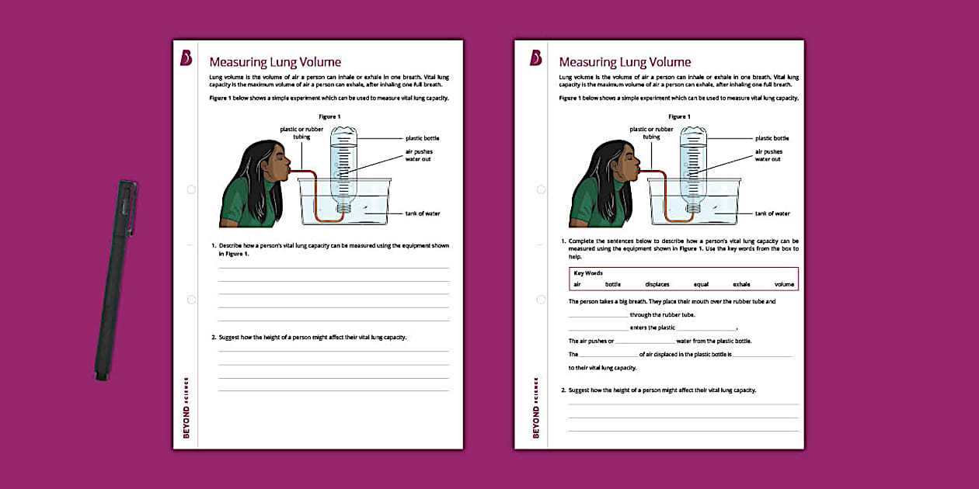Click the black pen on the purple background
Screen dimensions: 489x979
(x=115, y=279)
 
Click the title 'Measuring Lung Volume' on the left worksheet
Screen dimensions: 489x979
(x=275, y=62)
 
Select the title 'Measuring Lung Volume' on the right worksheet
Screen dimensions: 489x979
(x=625, y=62)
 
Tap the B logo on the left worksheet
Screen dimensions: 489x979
(x=186, y=58)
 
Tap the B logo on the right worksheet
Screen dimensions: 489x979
(x=535, y=58)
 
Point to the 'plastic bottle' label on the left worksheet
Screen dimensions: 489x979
(x=423, y=138)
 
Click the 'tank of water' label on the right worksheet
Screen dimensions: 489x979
(x=772, y=213)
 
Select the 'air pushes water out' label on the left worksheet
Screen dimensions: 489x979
(x=419, y=155)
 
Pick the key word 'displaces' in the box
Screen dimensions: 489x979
(x=657, y=284)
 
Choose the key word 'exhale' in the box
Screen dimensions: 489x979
(x=741, y=284)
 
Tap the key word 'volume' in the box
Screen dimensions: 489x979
(x=784, y=284)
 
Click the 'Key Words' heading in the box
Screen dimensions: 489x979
(x=588, y=273)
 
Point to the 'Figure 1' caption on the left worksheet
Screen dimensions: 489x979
(x=329, y=116)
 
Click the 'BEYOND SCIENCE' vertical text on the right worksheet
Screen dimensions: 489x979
(x=536, y=407)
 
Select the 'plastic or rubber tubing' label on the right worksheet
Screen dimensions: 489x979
(x=651, y=133)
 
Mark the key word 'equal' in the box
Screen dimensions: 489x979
(x=701, y=284)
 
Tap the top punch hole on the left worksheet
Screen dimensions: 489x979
(x=191, y=189)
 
